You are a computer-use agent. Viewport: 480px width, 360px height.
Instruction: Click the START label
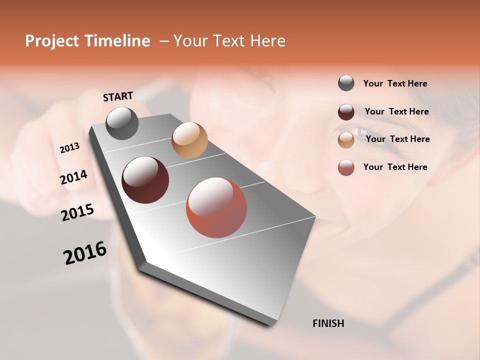[x=118, y=96]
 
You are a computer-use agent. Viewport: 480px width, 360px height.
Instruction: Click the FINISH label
[x=328, y=323]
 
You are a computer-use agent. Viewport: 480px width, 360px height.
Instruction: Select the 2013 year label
[x=69, y=147]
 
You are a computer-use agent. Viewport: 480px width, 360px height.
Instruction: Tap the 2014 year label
[x=73, y=177]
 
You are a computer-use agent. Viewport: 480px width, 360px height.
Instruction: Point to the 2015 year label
[x=77, y=212]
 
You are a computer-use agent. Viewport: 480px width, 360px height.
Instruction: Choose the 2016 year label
[x=85, y=252]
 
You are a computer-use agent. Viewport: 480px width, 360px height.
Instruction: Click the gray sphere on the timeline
[x=122, y=123]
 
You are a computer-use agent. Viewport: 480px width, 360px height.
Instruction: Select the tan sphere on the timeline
[x=189, y=140]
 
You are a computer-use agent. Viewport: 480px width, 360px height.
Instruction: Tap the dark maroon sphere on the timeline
[x=145, y=180]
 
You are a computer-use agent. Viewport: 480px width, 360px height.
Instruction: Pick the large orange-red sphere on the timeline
[x=216, y=207]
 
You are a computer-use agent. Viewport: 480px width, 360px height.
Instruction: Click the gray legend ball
[x=346, y=83]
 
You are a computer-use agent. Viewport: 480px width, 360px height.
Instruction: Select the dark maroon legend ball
[x=346, y=112]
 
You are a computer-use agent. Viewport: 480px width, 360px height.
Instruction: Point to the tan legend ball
[x=346, y=140]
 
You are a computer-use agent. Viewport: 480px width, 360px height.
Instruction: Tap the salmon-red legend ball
[x=346, y=167]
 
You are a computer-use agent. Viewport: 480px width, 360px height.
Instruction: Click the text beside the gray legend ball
[x=395, y=83]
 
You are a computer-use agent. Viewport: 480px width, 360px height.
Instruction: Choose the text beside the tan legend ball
[x=397, y=139]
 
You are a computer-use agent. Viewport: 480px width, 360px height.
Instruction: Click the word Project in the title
[x=51, y=41]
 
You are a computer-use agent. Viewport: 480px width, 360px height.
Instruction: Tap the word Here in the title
[x=267, y=41]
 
